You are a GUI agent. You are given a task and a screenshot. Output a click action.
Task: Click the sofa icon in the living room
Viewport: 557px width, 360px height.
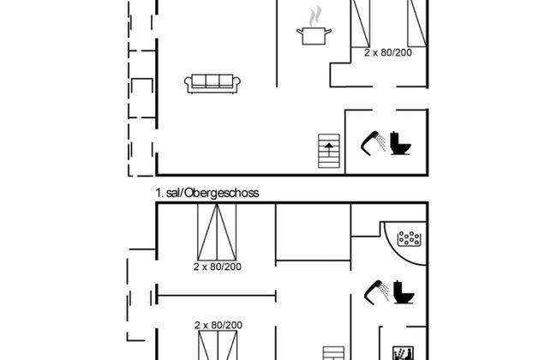pyautogui.click(x=213, y=84)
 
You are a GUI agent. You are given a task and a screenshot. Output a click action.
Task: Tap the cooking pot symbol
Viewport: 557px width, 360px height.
pyautogui.click(x=314, y=36)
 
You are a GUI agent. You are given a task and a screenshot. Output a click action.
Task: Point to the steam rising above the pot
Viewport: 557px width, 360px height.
pyautogui.click(x=314, y=16)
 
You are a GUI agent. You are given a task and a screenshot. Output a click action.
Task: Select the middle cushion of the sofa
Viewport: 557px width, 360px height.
pyautogui.click(x=213, y=81)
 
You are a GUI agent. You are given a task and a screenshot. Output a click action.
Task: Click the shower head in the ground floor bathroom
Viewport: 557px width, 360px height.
pyautogui.click(x=373, y=143)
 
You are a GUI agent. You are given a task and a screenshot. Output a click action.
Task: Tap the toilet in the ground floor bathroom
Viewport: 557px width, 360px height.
pyautogui.click(x=401, y=143)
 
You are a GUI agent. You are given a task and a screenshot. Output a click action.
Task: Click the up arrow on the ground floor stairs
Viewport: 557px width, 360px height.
pyautogui.click(x=329, y=149)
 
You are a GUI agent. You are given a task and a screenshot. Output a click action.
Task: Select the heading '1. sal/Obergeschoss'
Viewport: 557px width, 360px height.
pyautogui.click(x=207, y=193)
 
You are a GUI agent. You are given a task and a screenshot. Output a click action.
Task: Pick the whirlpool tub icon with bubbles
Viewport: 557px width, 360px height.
pyautogui.click(x=410, y=238)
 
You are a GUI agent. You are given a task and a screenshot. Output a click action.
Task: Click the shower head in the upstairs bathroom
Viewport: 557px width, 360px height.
pyautogui.click(x=376, y=292)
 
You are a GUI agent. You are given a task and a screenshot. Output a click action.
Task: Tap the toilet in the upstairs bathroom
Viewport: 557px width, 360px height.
pyautogui.click(x=404, y=292)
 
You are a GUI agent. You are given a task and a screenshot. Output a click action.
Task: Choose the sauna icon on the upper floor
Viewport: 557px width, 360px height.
pyautogui.click(x=404, y=353)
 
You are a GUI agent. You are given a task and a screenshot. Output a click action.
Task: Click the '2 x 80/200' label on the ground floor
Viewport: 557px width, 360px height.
pyautogui.click(x=388, y=52)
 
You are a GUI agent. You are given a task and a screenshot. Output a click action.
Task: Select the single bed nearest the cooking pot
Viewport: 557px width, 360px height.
pyautogui.click(x=361, y=23)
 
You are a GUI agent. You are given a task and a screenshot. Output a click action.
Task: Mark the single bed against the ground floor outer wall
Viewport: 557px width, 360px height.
pyautogui.click(x=417, y=23)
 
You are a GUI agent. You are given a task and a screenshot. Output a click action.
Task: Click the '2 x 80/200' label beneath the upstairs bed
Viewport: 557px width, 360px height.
pyautogui.click(x=218, y=267)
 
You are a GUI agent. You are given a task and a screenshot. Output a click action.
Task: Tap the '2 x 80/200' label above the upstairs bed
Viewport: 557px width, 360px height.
pyautogui.click(x=219, y=325)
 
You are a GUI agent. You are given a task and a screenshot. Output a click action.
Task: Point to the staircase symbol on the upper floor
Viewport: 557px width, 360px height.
pyautogui.click(x=333, y=353)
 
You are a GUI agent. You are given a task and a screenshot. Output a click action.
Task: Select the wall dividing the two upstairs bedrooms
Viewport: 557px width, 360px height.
pyautogui.click(x=216, y=295)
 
